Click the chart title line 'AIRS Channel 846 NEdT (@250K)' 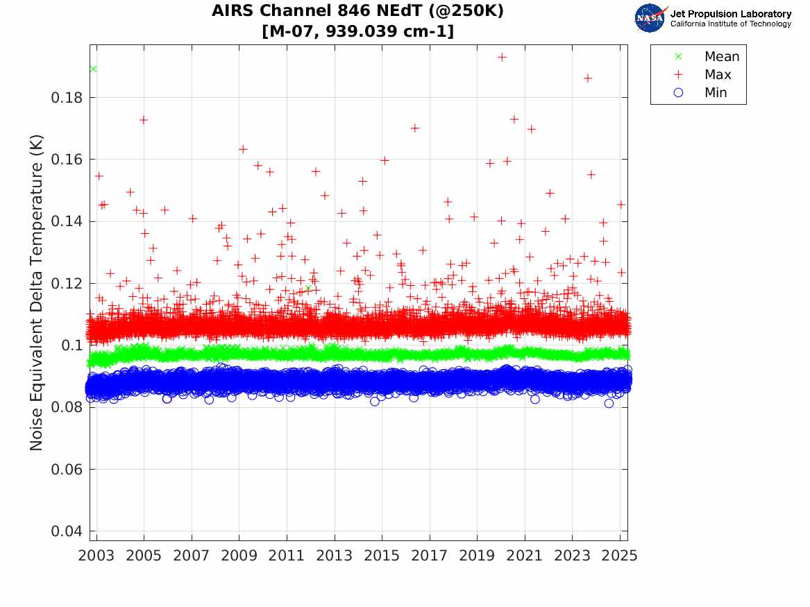[357, 11]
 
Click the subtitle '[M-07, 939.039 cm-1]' [357, 31]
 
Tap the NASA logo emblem [650, 18]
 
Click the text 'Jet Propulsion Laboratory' [730, 14]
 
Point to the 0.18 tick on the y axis [67, 98]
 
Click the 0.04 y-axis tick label [67, 531]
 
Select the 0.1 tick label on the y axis [72, 345]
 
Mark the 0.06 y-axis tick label [67, 470]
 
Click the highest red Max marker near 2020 [502, 57]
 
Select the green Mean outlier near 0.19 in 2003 [93, 69]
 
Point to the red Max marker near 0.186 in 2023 [587, 78]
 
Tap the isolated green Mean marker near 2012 [308, 289]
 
